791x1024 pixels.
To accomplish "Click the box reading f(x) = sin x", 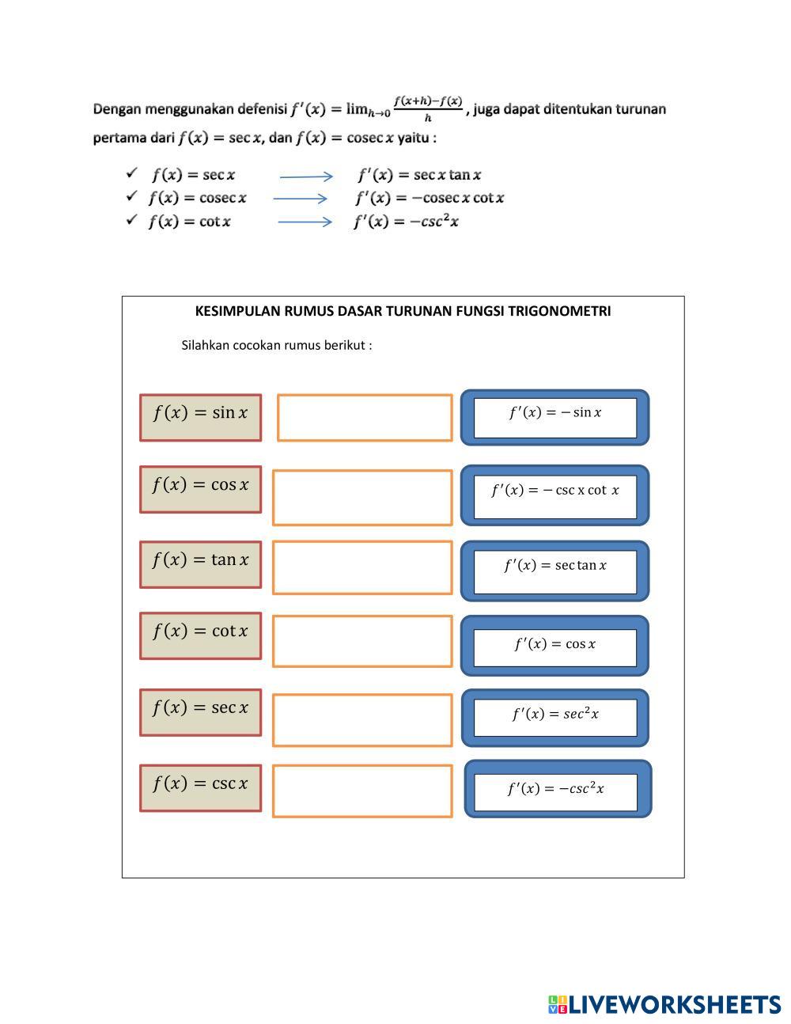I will click(200, 417).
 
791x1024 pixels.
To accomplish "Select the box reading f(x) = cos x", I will click(200, 489).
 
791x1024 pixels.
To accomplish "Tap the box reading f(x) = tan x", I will click(200, 564).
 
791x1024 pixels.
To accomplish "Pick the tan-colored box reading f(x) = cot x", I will click(200, 635).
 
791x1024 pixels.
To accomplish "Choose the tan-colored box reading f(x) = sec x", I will click(200, 712).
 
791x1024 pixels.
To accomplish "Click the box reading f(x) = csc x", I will click(200, 787).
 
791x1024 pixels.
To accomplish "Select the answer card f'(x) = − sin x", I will click(554, 417).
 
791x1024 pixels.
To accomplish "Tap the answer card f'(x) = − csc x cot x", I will click(554, 495).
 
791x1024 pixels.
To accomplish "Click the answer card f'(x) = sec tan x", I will click(554, 571).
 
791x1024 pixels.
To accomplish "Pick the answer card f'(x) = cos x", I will click(554, 646).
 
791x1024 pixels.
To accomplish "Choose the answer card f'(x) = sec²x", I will click(554, 717).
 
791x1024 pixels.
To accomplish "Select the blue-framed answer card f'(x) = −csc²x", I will click(557, 789).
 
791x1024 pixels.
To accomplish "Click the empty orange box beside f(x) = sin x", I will click(364, 417).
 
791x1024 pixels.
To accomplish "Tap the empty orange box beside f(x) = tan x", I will click(361, 567).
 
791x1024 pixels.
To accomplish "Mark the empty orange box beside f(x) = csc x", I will click(361, 790).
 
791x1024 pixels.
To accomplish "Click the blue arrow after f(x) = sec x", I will click(306, 176).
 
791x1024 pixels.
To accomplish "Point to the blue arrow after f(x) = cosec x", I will click(300, 199).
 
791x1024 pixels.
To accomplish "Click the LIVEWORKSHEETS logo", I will click(664, 1004).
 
